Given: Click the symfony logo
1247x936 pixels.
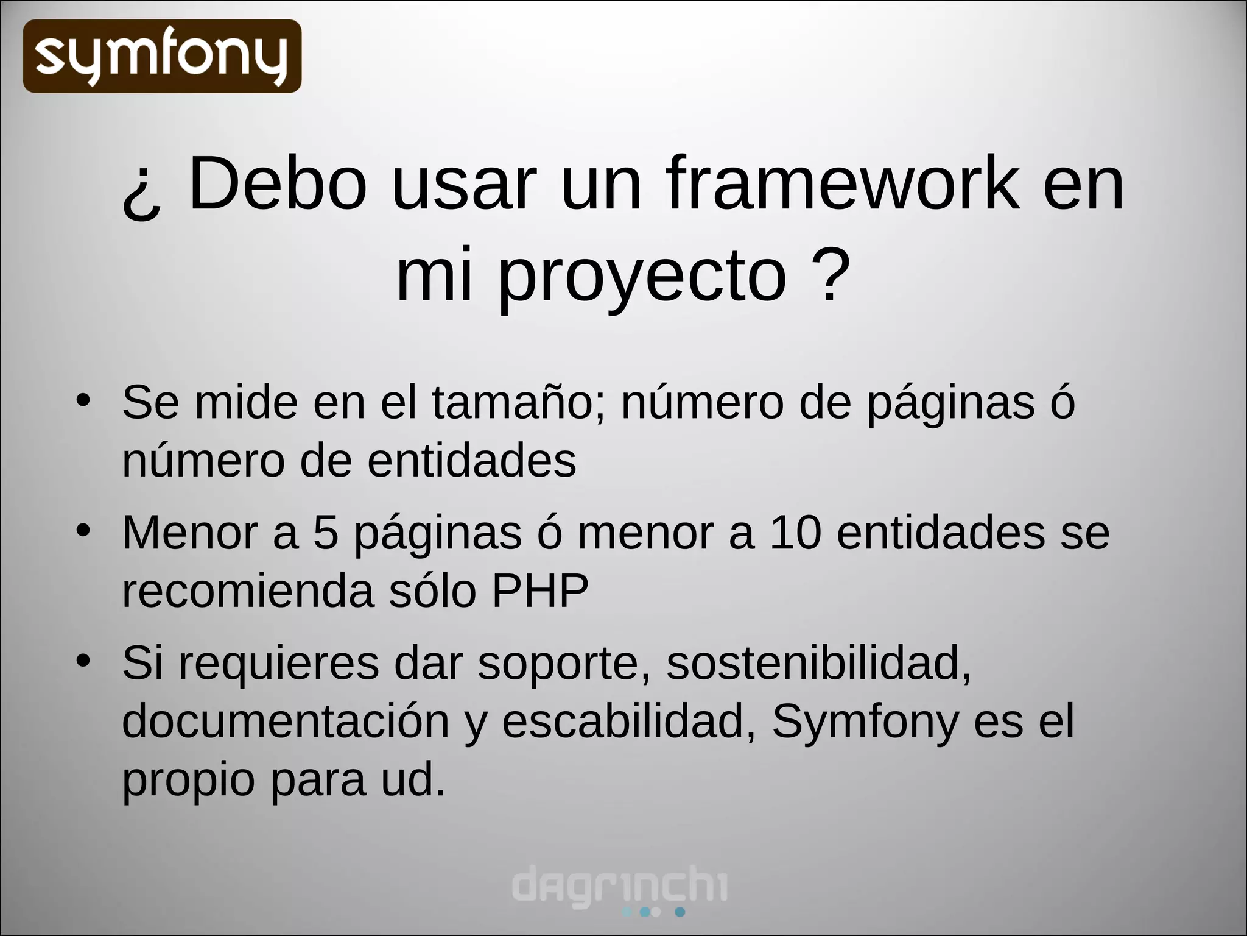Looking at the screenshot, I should tap(162, 56).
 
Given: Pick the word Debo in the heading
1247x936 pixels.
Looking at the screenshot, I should tap(278, 183).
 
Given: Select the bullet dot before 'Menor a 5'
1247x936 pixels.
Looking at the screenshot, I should tap(83, 530).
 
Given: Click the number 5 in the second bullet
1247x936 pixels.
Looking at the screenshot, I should tap(326, 533).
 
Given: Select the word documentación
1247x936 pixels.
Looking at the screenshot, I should tap(286, 721).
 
